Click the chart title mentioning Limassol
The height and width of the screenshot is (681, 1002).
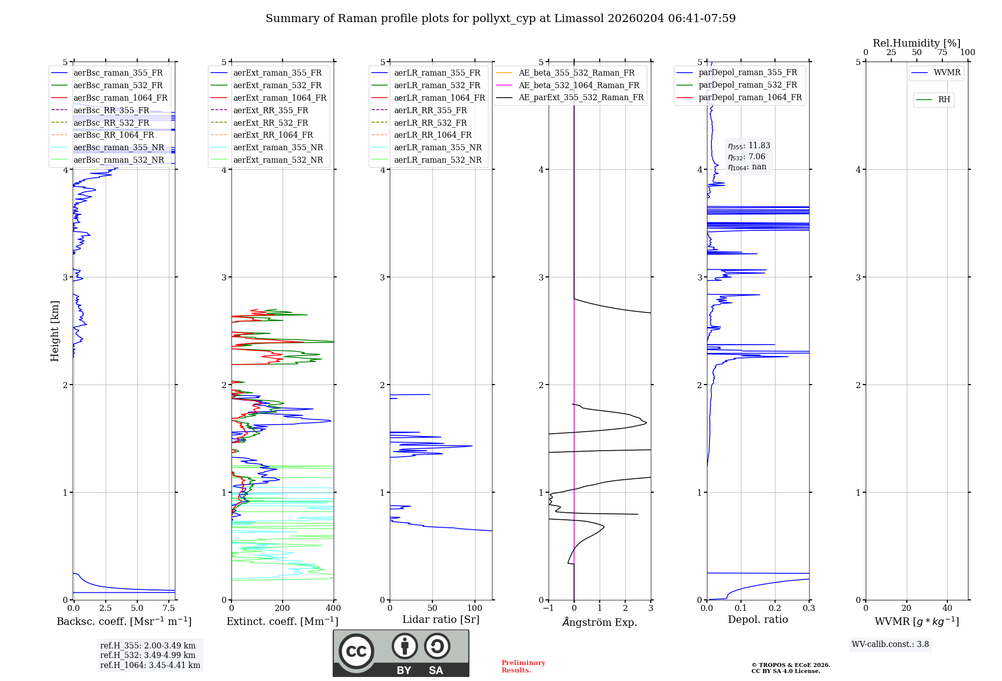[500, 19]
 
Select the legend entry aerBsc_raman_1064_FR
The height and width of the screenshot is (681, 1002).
[109, 98]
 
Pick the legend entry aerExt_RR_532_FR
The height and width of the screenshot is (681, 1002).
[260, 123]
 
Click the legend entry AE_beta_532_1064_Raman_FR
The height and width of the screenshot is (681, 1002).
[568, 86]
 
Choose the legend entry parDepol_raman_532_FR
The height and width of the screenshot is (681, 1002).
[737, 85]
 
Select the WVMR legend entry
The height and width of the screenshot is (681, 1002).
[936, 73]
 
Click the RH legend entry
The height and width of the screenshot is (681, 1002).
[933, 100]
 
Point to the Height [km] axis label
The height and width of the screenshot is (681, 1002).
[55, 331]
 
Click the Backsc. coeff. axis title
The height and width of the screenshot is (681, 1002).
[124, 621]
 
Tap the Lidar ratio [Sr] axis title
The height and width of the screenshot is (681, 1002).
[441, 620]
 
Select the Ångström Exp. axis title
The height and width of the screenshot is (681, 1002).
[600, 622]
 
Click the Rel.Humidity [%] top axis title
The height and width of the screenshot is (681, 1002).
[917, 43]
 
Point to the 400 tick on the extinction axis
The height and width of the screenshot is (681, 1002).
[334, 608]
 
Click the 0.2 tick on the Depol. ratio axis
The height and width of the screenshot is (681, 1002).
[775, 608]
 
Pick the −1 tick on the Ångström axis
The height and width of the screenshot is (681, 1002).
[549, 608]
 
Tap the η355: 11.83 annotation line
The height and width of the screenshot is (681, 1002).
[749, 146]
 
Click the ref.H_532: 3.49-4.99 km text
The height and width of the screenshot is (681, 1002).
[148, 655]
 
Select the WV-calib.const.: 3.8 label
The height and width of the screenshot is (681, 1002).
[890, 644]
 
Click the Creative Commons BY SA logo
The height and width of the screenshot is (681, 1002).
[401, 653]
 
